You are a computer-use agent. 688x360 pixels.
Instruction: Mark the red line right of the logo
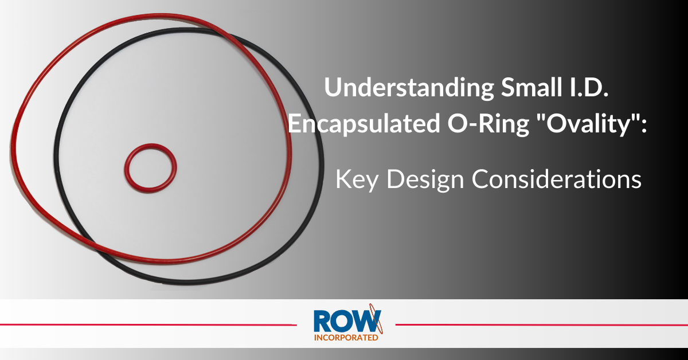(x=539, y=324)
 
